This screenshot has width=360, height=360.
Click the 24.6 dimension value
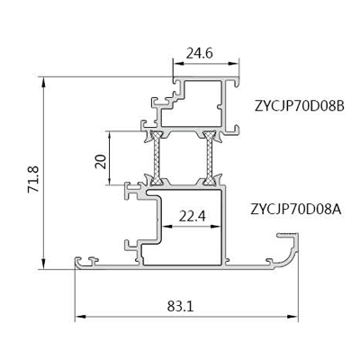tap(199, 54)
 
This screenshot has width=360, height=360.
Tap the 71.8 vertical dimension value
tap(33, 179)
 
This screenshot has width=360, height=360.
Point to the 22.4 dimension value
tap(193, 216)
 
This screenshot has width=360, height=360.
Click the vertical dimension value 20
tap(101, 161)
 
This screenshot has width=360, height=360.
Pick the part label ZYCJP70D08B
tap(299, 106)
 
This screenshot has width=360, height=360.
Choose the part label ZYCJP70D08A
tap(296, 209)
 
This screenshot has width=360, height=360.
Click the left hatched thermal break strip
tap(156, 157)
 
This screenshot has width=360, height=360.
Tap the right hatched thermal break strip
tap(209, 157)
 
